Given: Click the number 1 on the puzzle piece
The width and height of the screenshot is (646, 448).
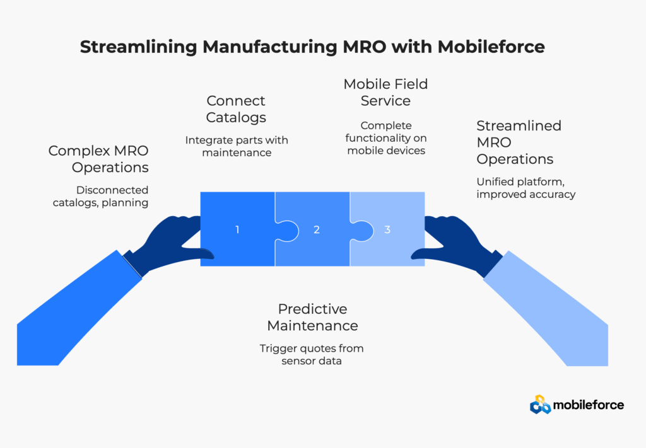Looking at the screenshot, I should [x=237, y=230].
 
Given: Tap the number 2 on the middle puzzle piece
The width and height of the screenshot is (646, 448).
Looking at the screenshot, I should [x=317, y=230].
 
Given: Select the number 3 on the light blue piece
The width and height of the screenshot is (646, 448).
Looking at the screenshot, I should [x=387, y=230].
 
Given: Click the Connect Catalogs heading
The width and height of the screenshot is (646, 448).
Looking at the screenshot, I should [x=236, y=109].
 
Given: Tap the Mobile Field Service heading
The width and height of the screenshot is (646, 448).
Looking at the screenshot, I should [x=385, y=92].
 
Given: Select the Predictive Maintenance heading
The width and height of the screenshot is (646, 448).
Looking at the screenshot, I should [x=312, y=318].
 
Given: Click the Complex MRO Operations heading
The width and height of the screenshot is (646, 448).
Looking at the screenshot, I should [x=99, y=159].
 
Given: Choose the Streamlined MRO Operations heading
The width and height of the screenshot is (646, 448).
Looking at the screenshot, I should [x=519, y=142].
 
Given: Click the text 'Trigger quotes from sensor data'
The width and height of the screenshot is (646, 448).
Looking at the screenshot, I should [x=312, y=354].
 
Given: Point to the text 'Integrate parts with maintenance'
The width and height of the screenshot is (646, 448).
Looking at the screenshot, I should [x=236, y=146].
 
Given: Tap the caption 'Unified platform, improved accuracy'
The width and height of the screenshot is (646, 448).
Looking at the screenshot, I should [x=526, y=188].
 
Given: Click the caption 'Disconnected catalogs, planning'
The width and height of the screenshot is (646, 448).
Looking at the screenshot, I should [x=112, y=196].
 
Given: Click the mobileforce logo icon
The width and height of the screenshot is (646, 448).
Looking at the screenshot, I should [x=539, y=404].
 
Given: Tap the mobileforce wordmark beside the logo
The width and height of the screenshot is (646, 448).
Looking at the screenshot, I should [x=588, y=405].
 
